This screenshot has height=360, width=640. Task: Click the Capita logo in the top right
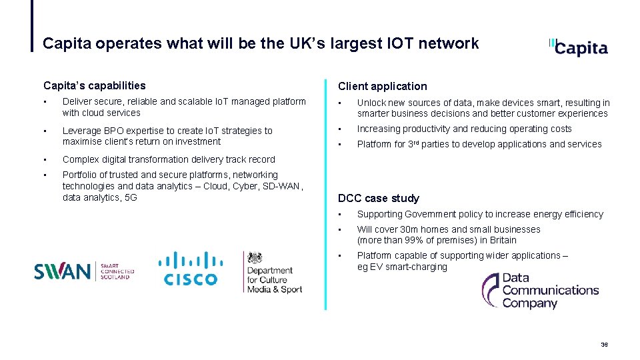point(579,47)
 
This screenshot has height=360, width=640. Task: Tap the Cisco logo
point(191,269)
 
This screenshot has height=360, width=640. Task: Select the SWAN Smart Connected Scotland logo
point(84,271)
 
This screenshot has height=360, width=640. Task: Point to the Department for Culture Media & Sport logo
point(273,273)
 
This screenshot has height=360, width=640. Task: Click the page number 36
point(604,345)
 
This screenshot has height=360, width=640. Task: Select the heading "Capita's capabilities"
point(94,85)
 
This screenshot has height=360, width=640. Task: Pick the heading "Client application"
point(382,86)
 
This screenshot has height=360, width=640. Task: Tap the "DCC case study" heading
point(379,198)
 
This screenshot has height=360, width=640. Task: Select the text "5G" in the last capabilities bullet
point(130,197)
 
